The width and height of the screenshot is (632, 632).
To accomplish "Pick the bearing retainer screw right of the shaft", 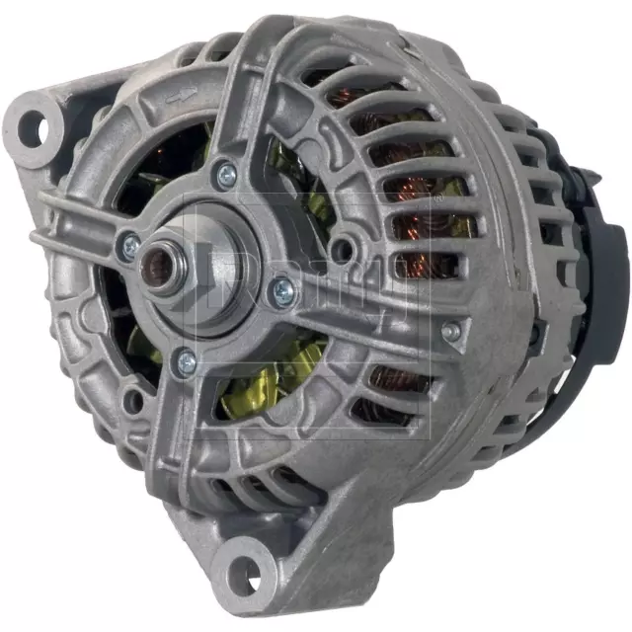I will pos(283,288).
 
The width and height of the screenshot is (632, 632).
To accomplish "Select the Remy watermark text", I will pos(296,286).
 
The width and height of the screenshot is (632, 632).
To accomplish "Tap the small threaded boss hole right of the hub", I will pos(343,246).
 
